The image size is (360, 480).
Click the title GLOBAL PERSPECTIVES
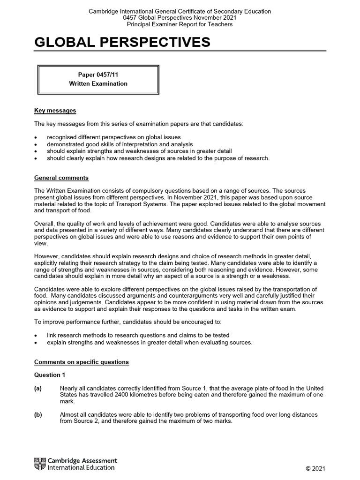(122, 43)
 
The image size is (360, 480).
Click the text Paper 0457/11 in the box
(98, 75)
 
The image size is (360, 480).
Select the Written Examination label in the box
(98, 84)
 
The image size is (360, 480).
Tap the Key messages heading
(55, 111)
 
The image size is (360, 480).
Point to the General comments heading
(61, 178)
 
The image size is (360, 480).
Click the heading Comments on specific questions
(82, 362)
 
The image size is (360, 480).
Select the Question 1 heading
(47, 375)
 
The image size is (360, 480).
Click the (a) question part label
(38, 389)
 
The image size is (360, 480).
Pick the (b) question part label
(38, 415)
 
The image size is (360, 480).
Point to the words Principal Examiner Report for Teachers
(180, 24)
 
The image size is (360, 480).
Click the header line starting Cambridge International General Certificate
(180, 11)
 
